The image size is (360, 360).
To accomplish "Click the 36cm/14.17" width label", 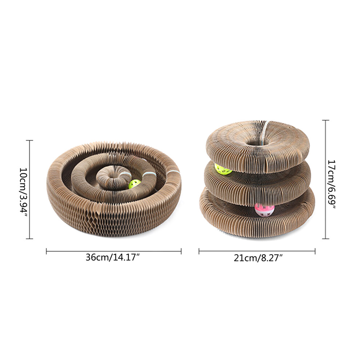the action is [x=113, y=257].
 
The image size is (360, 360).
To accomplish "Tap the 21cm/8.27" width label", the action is [x=258, y=258].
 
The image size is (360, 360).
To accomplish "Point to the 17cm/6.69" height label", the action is [x=331, y=184].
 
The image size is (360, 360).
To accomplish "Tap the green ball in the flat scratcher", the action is [x=135, y=184].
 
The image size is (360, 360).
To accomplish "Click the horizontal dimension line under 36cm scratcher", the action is [x=114, y=251].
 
